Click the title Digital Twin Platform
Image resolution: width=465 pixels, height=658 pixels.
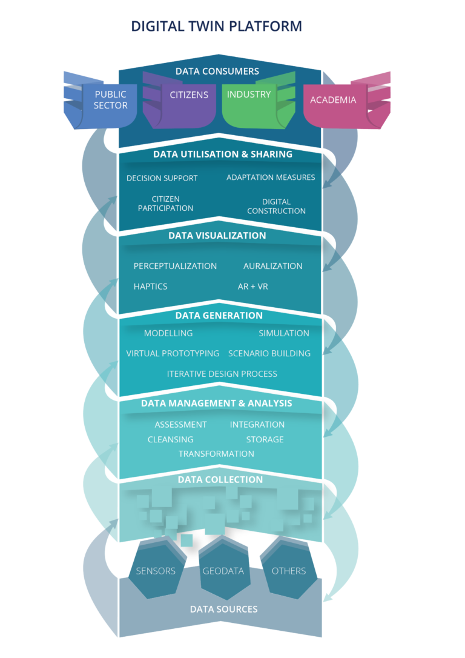(x=217, y=27)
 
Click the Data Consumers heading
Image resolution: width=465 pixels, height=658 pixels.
(x=217, y=71)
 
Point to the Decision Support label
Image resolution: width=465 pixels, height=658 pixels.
(x=162, y=178)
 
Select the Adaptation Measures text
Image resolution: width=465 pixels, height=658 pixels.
(x=271, y=178)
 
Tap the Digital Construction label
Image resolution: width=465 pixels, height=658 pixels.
(x=276, y=207)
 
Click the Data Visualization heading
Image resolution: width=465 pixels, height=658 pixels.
(x=217, y=236)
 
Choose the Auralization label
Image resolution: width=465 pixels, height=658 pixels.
(x=273, y=266)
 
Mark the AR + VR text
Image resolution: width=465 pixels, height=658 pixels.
(x=253, y=287)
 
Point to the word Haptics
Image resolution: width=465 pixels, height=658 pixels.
(x=151, y=287)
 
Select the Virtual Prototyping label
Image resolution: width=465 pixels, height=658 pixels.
(x=173, y=353)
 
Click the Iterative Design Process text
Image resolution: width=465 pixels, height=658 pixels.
(x=222, y=374)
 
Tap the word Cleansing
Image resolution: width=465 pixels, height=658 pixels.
(x=171, y=439)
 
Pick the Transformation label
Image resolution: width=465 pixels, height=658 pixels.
(x=216, y=454)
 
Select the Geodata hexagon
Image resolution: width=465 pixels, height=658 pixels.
(x=223, y=570)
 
